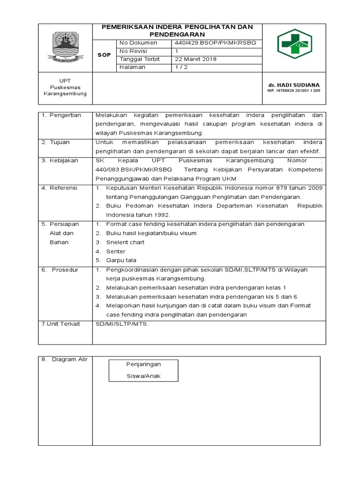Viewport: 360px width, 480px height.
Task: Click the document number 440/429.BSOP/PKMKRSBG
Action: (215, 43)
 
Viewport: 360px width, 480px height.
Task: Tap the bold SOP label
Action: (104, 55)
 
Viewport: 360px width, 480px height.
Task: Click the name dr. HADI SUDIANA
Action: (293, 85)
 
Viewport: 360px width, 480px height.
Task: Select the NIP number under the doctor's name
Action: (293, 90)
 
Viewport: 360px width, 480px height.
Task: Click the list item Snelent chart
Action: (125, 242)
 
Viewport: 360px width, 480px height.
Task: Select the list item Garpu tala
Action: (121, 260)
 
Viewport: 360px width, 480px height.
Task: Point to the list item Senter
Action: (116, 251)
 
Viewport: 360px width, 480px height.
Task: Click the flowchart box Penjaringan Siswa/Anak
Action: (143, 370)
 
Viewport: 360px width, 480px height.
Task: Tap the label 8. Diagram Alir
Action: (64, 360)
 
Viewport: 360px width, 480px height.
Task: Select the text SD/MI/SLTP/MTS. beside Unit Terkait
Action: (121, 324)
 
